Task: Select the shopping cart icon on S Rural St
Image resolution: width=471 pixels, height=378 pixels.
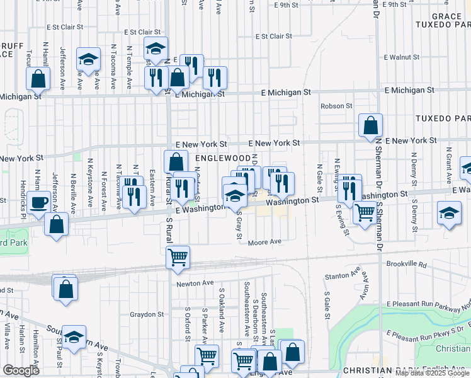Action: pyautogui.click(x=178, y=258)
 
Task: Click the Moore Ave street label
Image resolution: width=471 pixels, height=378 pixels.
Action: pyautogui.click(x=264, y=242)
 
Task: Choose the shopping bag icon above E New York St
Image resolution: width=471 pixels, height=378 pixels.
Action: pyautogui.click(x=370, y=124)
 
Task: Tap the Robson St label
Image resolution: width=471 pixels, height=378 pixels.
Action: pyautogui.click(x=336, y=106)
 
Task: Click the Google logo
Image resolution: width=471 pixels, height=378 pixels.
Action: pyautogui.click(x=21, y=370)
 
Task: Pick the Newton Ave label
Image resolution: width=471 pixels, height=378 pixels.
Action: pyautogui.click(x=192, y=283)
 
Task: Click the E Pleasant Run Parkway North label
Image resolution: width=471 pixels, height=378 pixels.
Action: pyautogui.click(x=428, y=305)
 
